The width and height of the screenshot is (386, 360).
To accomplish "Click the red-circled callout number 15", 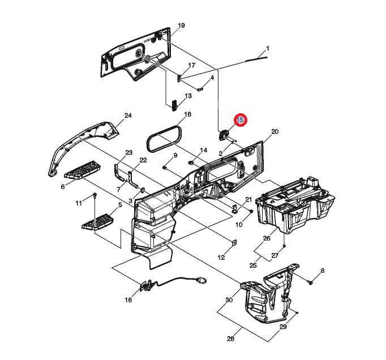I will pyautogui.click(x=239, y=120).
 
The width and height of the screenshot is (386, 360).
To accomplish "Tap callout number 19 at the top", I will pyautogui.click(x=182, y=26).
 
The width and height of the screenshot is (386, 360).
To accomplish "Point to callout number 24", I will pyautogui.click(x=128, y=116).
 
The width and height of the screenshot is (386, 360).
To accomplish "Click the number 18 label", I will pyautogui.click(x=188, y=114).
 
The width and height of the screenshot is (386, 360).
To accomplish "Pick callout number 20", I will pyautogui.click(x=275, y=132).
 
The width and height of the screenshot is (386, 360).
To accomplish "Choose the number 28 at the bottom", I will pyautogui.click(x=230, y=338).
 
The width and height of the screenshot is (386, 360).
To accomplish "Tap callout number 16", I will pyautogui.click(x=128, y=300).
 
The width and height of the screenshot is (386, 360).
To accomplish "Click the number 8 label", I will pyautogui.click(x=322, y=271).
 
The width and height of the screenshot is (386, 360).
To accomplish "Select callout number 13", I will pyautogui.click(x=188, y=96).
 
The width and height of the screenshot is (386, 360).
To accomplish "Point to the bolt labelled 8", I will pyautogui.click(x=311, y=281).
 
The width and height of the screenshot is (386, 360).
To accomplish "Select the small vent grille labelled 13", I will pyautogui.click(x=174, y=104).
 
